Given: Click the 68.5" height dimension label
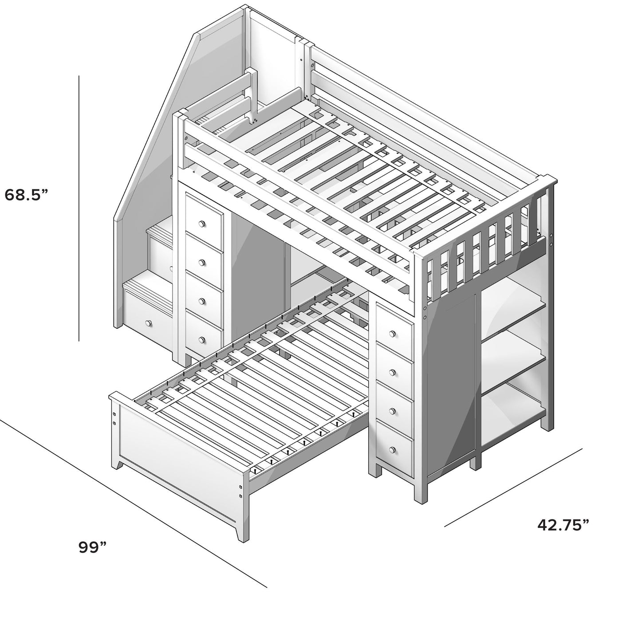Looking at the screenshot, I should tap(26, 194).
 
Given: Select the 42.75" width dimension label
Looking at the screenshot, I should tap(563, 525).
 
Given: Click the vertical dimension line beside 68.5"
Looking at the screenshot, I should tap(79, 208).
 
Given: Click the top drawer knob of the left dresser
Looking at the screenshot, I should tap(203, 224).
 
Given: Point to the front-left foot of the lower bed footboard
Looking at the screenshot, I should tap(118, 464).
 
